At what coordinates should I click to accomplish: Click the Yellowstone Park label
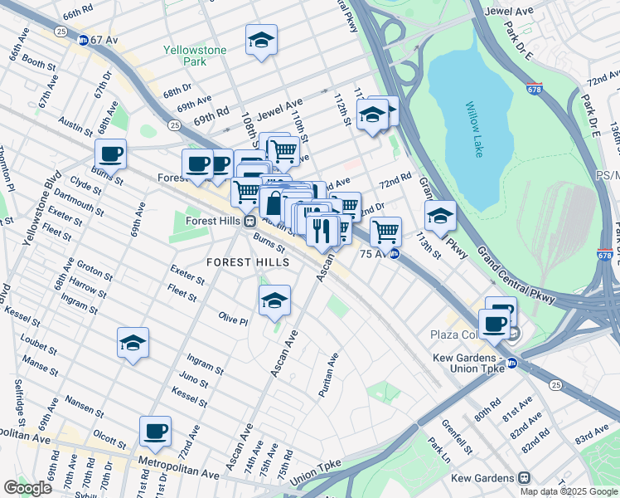195,56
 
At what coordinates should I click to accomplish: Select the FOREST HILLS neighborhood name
248,262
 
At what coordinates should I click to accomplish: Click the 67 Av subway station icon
84,40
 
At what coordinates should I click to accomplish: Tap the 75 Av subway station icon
395,254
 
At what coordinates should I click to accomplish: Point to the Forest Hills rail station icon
249,221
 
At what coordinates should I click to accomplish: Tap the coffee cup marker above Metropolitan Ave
155,432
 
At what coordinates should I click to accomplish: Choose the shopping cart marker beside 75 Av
385,232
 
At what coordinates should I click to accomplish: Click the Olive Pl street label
233,320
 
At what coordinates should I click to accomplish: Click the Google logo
27,488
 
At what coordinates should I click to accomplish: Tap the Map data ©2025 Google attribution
568,491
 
